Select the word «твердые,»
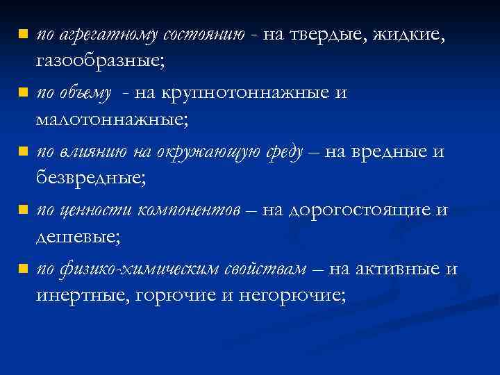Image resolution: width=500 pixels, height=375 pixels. coord(326,35)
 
